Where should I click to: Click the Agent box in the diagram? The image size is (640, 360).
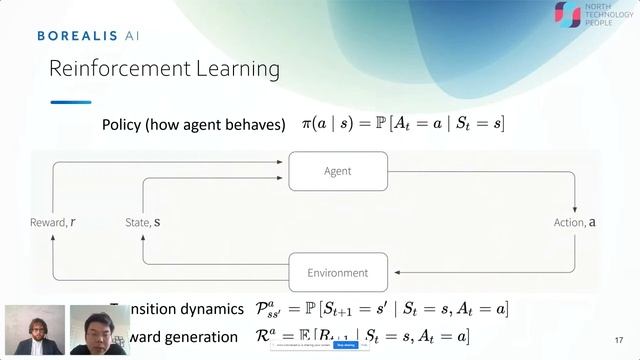[x=337, y=171]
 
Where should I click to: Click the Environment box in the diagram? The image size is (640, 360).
[x=337, y=272]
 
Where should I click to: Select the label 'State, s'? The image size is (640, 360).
[x=143, y=221]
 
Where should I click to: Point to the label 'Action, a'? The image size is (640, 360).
[x=575, y=221]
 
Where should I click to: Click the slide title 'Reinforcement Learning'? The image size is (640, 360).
[x=165, y=69]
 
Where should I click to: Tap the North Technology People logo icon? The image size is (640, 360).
[x=567, y=14]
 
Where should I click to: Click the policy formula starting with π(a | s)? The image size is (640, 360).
[x=403, y=124]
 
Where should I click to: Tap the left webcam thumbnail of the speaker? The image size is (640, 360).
[x=34, y=330]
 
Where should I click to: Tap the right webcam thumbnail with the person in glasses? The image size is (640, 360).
[x=97, y=330]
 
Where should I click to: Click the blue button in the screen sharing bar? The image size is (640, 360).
[x=346, y=345]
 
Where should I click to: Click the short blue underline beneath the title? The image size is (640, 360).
[x=70, y=102]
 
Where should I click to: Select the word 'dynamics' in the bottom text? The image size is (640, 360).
[x=207, y=310]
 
